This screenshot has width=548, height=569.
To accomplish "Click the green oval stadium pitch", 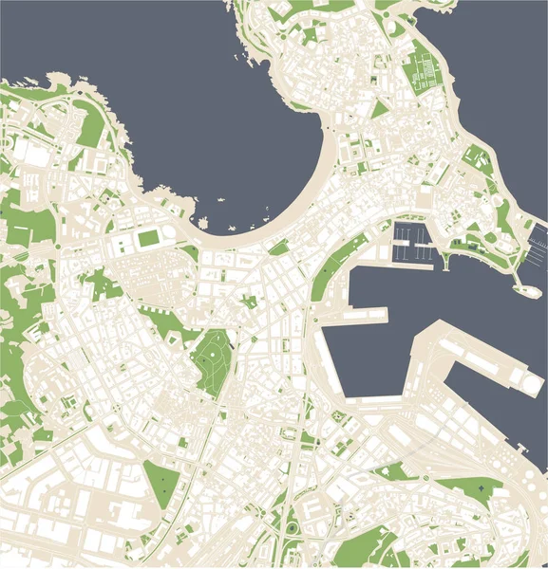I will pos(148,239).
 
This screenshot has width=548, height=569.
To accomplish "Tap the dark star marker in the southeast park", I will pos(481,487).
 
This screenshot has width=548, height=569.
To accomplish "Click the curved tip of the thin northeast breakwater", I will pos(521,288).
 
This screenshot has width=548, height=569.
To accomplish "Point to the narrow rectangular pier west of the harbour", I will pos(369,311).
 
